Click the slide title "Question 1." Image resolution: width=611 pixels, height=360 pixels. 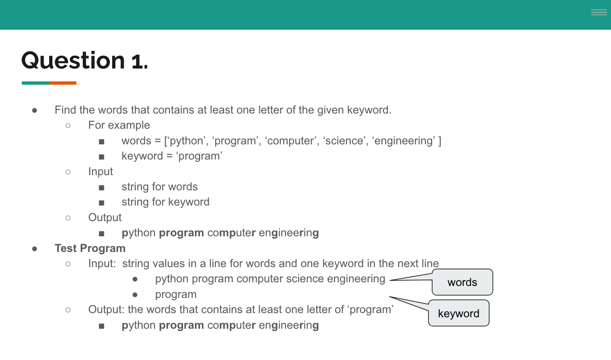[x=85, y=61]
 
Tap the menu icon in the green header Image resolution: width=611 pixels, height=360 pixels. [x=599, y=13]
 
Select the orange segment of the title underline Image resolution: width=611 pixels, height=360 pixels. [x=63, y=83]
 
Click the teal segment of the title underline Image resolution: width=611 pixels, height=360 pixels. [x=35, y=83]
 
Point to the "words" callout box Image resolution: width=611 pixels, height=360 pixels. [x=462, y=282]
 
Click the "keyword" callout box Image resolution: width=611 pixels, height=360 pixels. [x=458, y=314]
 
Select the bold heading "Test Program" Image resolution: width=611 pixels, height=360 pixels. [x=90, y=248]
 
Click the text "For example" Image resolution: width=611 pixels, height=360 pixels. [x=119, y=125]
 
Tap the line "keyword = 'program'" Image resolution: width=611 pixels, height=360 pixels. [x=172, y=156]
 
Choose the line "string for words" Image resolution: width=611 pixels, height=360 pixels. [x=160, y=187]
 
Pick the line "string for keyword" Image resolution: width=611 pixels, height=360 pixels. [x=166, y=202]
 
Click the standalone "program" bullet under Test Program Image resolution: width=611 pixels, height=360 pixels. [x=176, y=294]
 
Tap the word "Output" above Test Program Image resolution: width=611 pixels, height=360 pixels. [x=105, y=217]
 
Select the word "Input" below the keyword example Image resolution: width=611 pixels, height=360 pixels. [x=101, y=171]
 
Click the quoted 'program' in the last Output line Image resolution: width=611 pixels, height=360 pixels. [x=371, y=309]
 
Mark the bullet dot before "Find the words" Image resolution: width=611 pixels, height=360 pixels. [x=34, y=110]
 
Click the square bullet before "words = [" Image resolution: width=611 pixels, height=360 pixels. [x=102, y=141]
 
